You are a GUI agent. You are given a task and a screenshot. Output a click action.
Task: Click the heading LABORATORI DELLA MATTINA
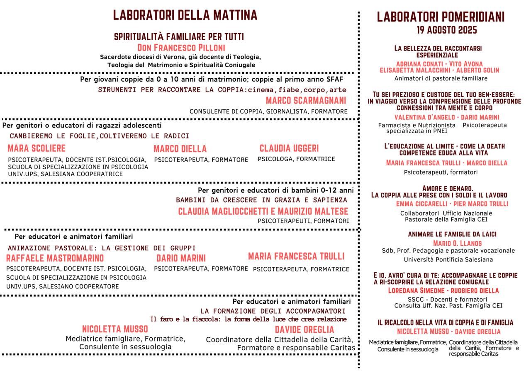tap(185, 15)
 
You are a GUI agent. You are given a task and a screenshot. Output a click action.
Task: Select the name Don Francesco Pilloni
tap(181, 47)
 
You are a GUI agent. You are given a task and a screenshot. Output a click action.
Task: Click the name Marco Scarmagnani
tap(306, 101)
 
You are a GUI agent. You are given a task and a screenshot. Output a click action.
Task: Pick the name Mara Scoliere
tap(37, 148)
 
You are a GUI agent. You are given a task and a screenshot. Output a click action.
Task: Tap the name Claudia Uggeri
tap(289, 148)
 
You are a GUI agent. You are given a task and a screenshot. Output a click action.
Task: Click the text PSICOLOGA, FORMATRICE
tap(296, 159)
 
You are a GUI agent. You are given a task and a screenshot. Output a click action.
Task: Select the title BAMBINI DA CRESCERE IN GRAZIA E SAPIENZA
tap(261, 200)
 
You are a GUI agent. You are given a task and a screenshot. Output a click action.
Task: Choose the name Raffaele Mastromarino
tap(55, 258)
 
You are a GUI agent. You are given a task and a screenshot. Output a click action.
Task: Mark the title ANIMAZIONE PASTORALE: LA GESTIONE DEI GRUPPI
tap(102, 248)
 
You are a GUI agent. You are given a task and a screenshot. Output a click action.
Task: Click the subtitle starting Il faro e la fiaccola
tap(248, 319)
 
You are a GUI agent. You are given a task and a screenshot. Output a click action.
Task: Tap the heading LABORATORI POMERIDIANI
tap(441, 17)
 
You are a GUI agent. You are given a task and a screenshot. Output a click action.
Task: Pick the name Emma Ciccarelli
tap(419, 204)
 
